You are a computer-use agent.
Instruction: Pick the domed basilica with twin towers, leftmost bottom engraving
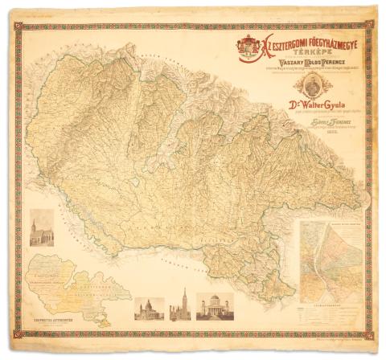click(x=150, y=307)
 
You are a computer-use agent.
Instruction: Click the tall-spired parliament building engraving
click(x=181, y=305)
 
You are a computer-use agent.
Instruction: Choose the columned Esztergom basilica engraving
click(x=215, y=306)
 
